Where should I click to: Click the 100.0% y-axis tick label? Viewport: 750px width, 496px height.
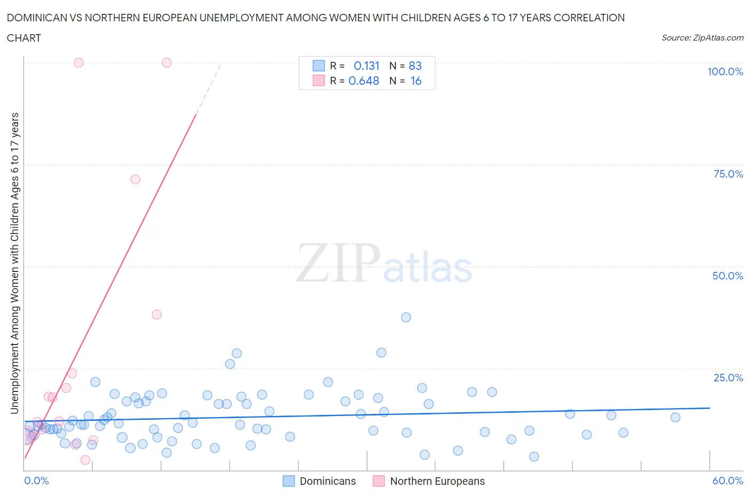click(725, 71)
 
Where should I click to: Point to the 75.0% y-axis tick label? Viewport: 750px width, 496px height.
click(728, 174)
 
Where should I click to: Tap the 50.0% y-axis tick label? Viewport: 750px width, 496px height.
click(728, 276)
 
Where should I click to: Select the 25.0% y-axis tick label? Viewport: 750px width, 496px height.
click(728, 378)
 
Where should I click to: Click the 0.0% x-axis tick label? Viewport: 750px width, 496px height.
click(36, 481)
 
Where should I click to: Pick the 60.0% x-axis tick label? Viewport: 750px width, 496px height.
click(728, 481)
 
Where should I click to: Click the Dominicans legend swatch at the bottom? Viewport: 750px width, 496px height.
click(289, 481)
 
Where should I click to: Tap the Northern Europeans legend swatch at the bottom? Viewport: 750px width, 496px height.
click(379, 481)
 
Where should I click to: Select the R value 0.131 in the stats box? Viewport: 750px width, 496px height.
click(366, 66)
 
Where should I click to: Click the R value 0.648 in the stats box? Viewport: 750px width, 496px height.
click(364, 81)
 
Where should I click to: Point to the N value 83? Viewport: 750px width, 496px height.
click(415, 66)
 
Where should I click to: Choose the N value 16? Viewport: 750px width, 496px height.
click(416, 81)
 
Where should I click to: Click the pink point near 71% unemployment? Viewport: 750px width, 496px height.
click(135, 179)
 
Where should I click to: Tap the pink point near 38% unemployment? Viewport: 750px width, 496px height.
click(156, 315)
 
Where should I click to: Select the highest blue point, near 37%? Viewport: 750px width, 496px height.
click(406, 317)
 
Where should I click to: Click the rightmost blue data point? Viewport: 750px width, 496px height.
click(675, 417)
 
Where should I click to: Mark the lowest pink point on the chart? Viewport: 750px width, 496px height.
click(85, 460)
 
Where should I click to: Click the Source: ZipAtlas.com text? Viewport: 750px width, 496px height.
click(702, 38)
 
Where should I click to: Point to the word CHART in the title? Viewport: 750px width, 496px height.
click(24, 38)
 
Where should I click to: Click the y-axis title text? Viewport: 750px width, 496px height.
click(15, 263)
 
